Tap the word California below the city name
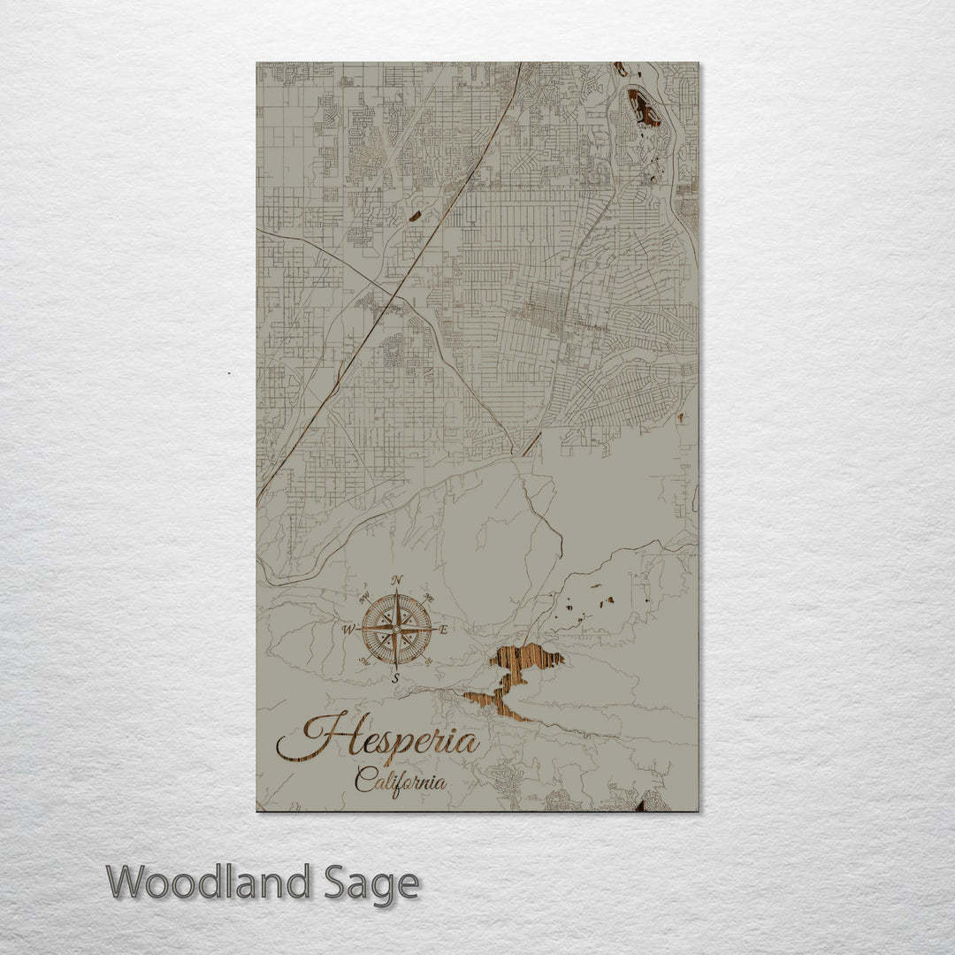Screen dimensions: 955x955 400,781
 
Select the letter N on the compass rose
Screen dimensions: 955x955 397,580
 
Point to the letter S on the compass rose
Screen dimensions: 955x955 396,678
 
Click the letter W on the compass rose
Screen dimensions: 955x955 348,630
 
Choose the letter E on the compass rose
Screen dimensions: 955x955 444,630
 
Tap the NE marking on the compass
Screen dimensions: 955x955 429,598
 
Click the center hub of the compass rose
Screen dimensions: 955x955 396,630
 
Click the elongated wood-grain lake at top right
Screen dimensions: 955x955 643,108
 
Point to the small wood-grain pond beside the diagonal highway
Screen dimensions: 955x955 415,215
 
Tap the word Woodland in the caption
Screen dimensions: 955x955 209,882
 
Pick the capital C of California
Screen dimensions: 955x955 363,780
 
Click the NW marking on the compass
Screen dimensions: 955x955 365,598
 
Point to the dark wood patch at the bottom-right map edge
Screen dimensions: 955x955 639,806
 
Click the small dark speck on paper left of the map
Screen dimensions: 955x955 228,373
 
